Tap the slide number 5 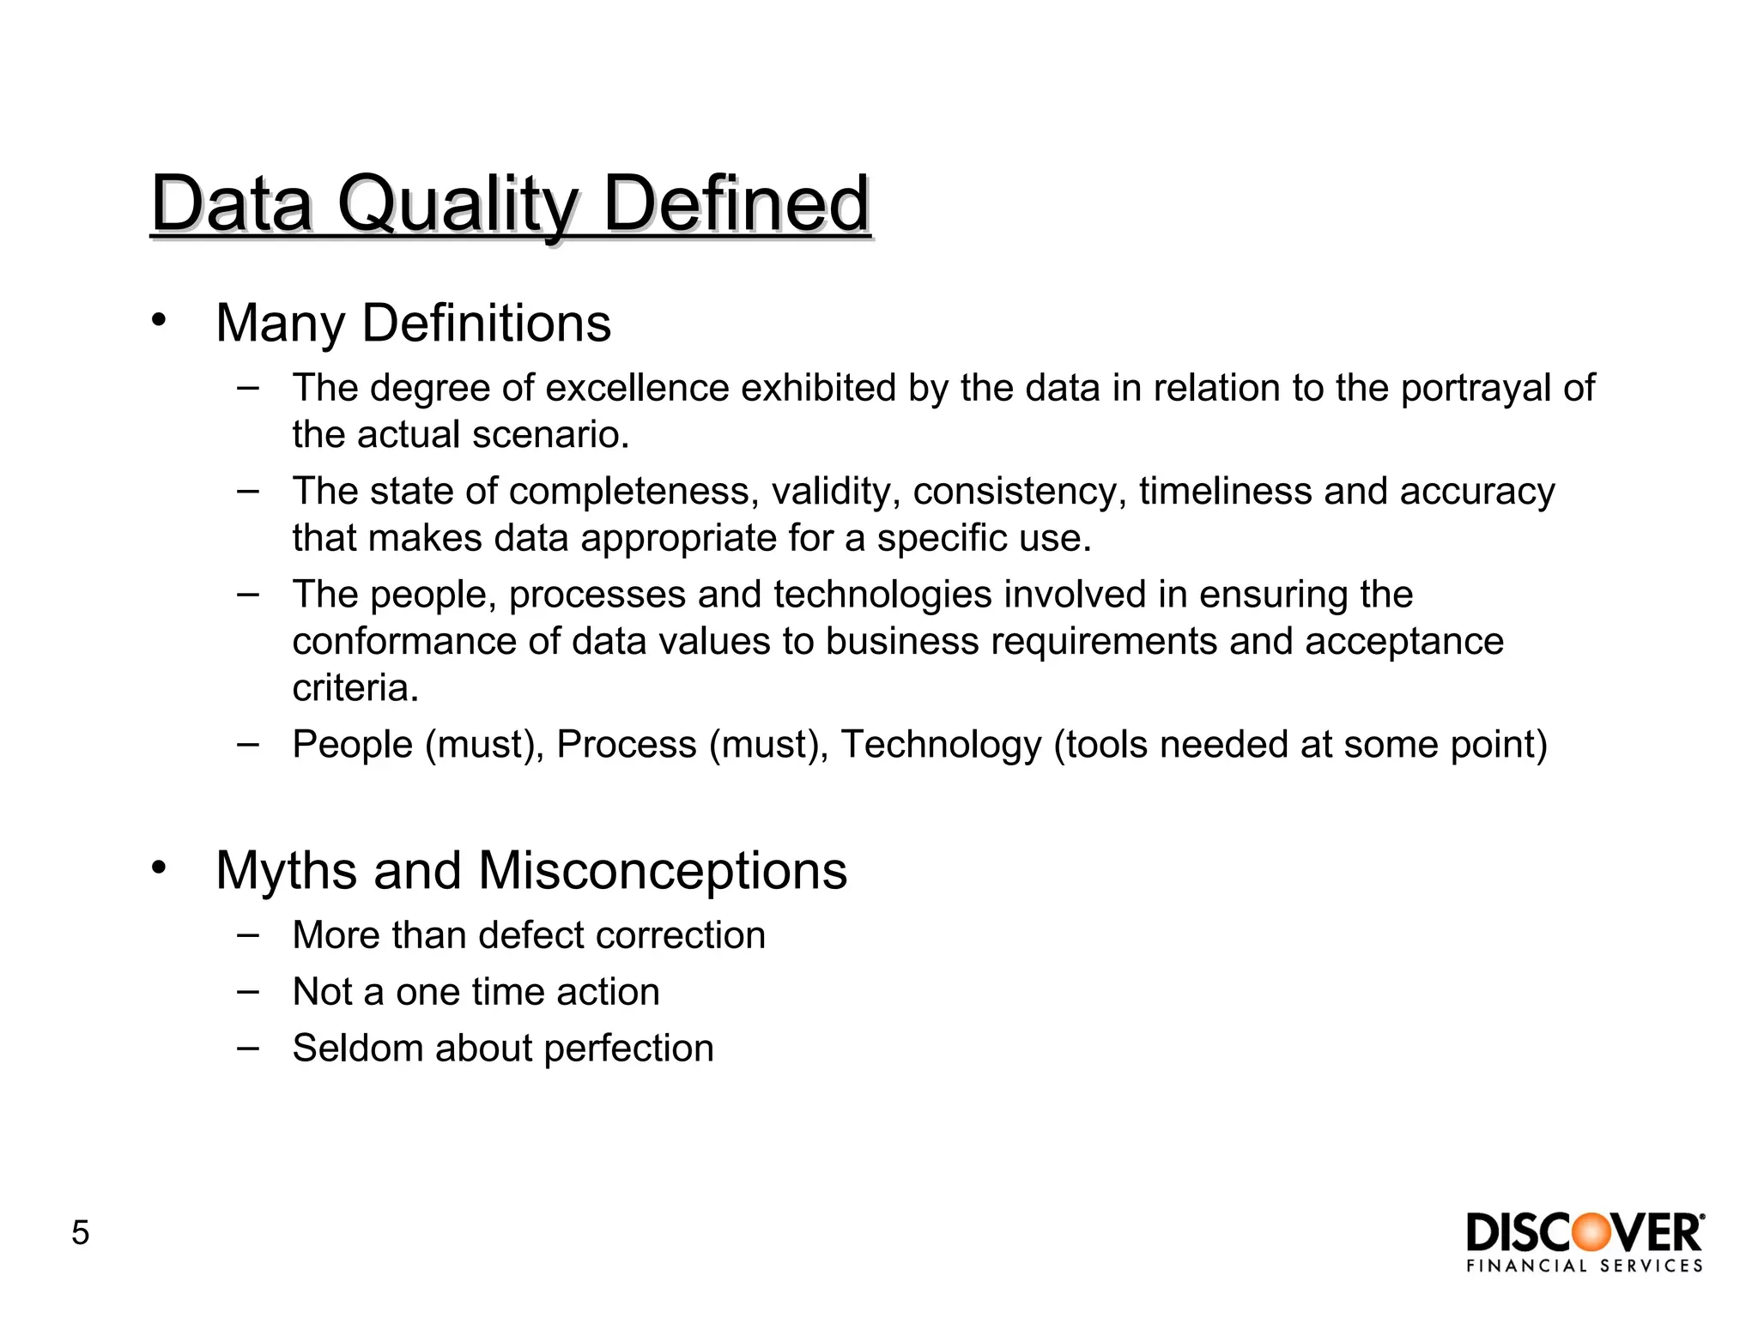pos(80,1233)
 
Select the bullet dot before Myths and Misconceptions pos(158,868)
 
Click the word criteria pos(355,688)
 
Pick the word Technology pos(940,744)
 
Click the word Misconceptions pos(662,870)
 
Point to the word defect pos(530,935)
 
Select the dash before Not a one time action pos(248,990)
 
